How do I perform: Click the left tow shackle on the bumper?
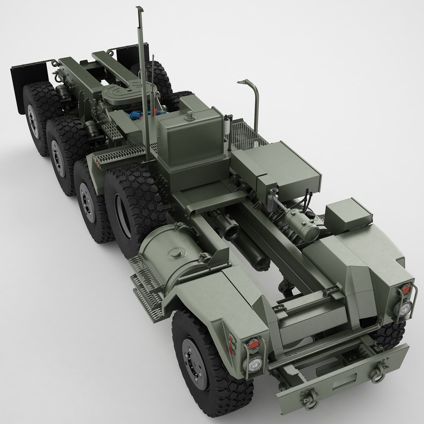click(310, 400)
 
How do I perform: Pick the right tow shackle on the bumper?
click(379, 371)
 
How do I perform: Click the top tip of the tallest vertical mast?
click(138, 8)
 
